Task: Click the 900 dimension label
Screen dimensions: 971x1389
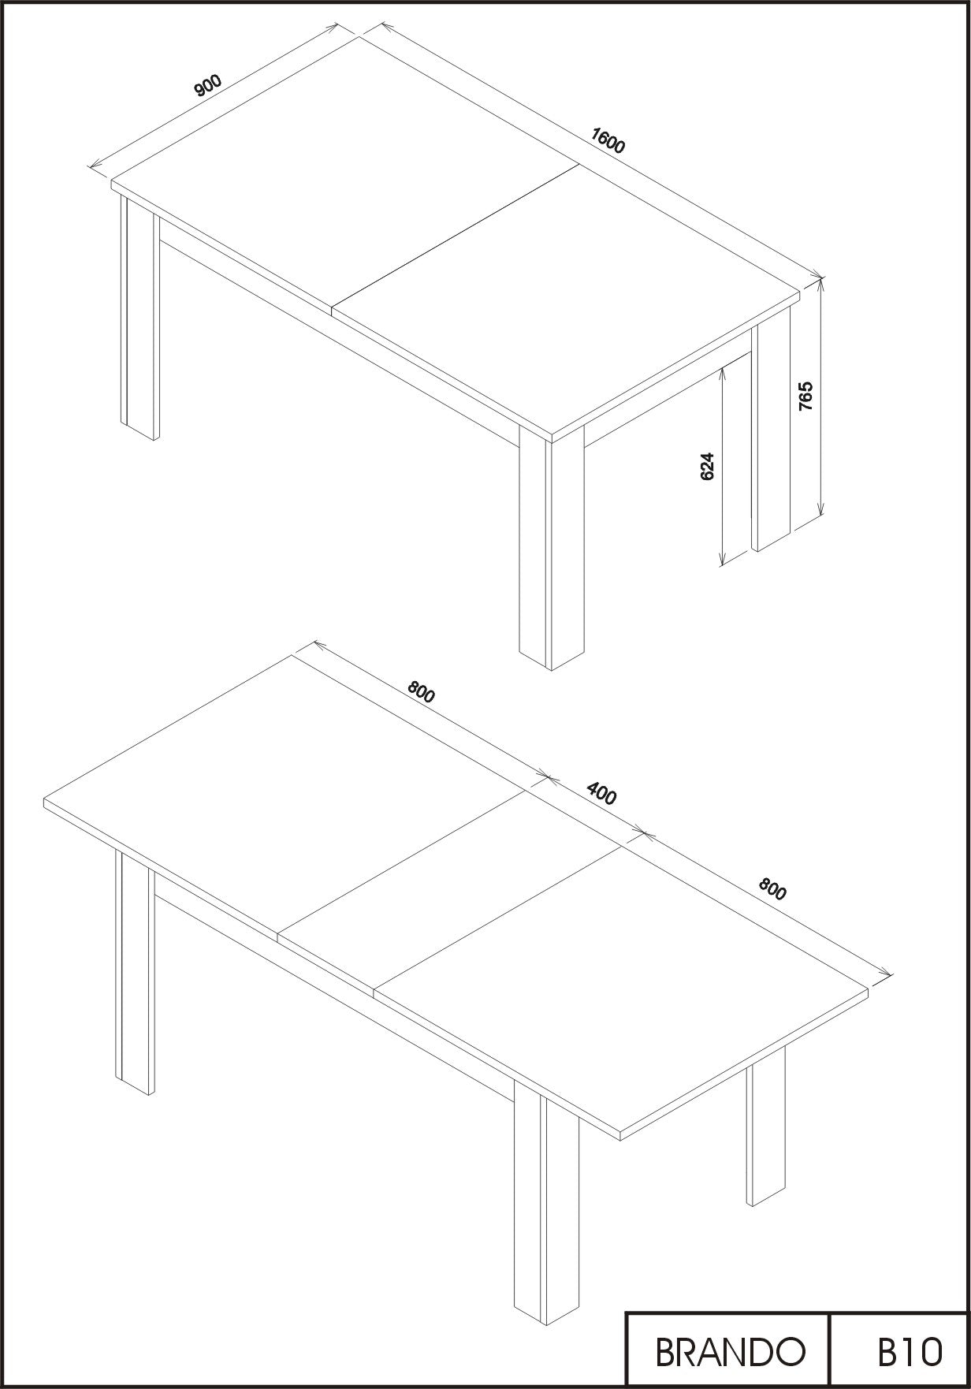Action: (x=209, y=84)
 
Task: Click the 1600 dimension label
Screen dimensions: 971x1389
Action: (x=608, y=140)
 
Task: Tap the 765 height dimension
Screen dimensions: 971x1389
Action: (x=805, y=396)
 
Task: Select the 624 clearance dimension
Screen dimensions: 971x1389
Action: (x=707, y=466)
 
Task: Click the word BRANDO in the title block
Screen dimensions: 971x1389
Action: (x=731, y=1351)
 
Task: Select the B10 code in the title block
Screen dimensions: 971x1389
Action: (x=910, y=1351)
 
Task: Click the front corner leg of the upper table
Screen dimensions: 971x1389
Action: (x=551, y=549)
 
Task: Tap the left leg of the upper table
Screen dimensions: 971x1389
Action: (x=140, y=315)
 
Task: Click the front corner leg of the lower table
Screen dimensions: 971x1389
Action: (x=546, y=1204)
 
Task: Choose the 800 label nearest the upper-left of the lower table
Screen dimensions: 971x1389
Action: (x=421, y=691)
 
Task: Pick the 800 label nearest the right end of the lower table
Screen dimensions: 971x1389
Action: (x=772, y=889)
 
